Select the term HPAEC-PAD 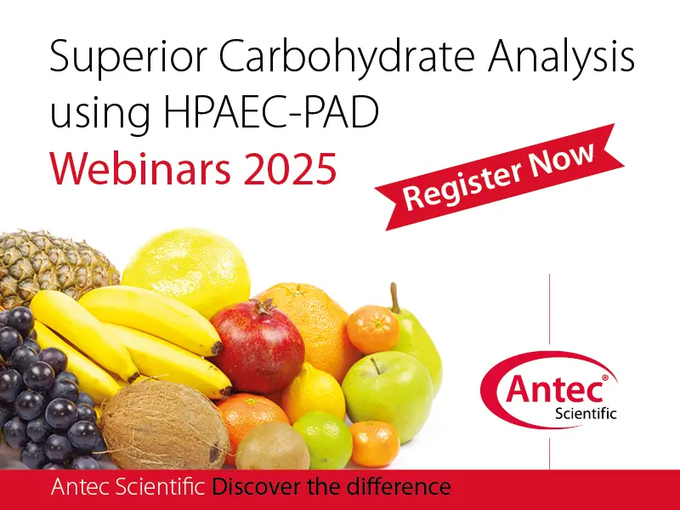(271, 112)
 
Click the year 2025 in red (290, 169)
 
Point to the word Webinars (140, 169)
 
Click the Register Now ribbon (499, 177)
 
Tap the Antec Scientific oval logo (549, 390)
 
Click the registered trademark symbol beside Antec (605, 378)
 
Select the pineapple (54, 267)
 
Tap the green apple (388, 395)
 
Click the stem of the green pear (394, 297)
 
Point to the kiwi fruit (272, 447)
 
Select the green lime (323, 439)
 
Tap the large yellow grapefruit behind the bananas (186, 269)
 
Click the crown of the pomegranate (263, 306)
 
